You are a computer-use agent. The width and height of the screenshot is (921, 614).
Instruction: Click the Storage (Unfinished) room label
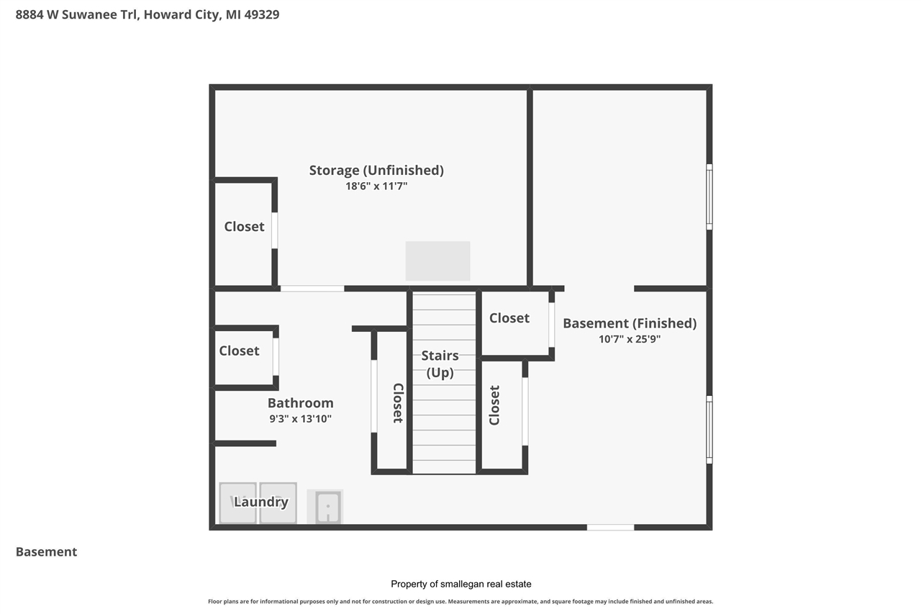376,171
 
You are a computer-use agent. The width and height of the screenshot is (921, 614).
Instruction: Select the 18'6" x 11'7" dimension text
376,186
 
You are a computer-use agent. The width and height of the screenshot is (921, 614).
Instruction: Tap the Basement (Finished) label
630,323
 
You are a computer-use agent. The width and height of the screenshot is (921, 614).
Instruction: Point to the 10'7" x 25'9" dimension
630,339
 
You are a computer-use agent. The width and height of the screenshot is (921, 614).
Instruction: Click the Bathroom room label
300,403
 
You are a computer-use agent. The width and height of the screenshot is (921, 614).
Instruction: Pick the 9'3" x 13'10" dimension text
300,419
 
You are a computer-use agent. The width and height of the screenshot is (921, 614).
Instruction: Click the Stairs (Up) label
440,364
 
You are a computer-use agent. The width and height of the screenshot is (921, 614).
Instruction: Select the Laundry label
260,502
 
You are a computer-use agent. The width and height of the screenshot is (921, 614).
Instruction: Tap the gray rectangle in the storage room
437,261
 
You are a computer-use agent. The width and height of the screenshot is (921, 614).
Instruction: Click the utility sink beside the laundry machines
325,507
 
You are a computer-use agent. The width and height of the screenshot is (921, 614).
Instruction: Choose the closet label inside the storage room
244,226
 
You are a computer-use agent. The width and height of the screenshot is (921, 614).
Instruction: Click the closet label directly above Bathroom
239,351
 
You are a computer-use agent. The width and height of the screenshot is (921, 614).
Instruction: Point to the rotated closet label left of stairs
397,402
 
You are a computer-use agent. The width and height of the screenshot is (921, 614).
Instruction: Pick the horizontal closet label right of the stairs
509,318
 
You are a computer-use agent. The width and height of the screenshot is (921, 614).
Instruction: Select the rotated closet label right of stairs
495,405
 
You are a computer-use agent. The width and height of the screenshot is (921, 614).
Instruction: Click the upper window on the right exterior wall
709,197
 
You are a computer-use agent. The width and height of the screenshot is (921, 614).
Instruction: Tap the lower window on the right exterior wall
709,430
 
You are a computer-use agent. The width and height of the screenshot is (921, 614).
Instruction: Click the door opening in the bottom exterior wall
610,528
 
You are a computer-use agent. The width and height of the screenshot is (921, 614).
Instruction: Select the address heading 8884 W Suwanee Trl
148,14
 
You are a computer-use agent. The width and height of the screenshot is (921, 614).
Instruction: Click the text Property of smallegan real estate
460,584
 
